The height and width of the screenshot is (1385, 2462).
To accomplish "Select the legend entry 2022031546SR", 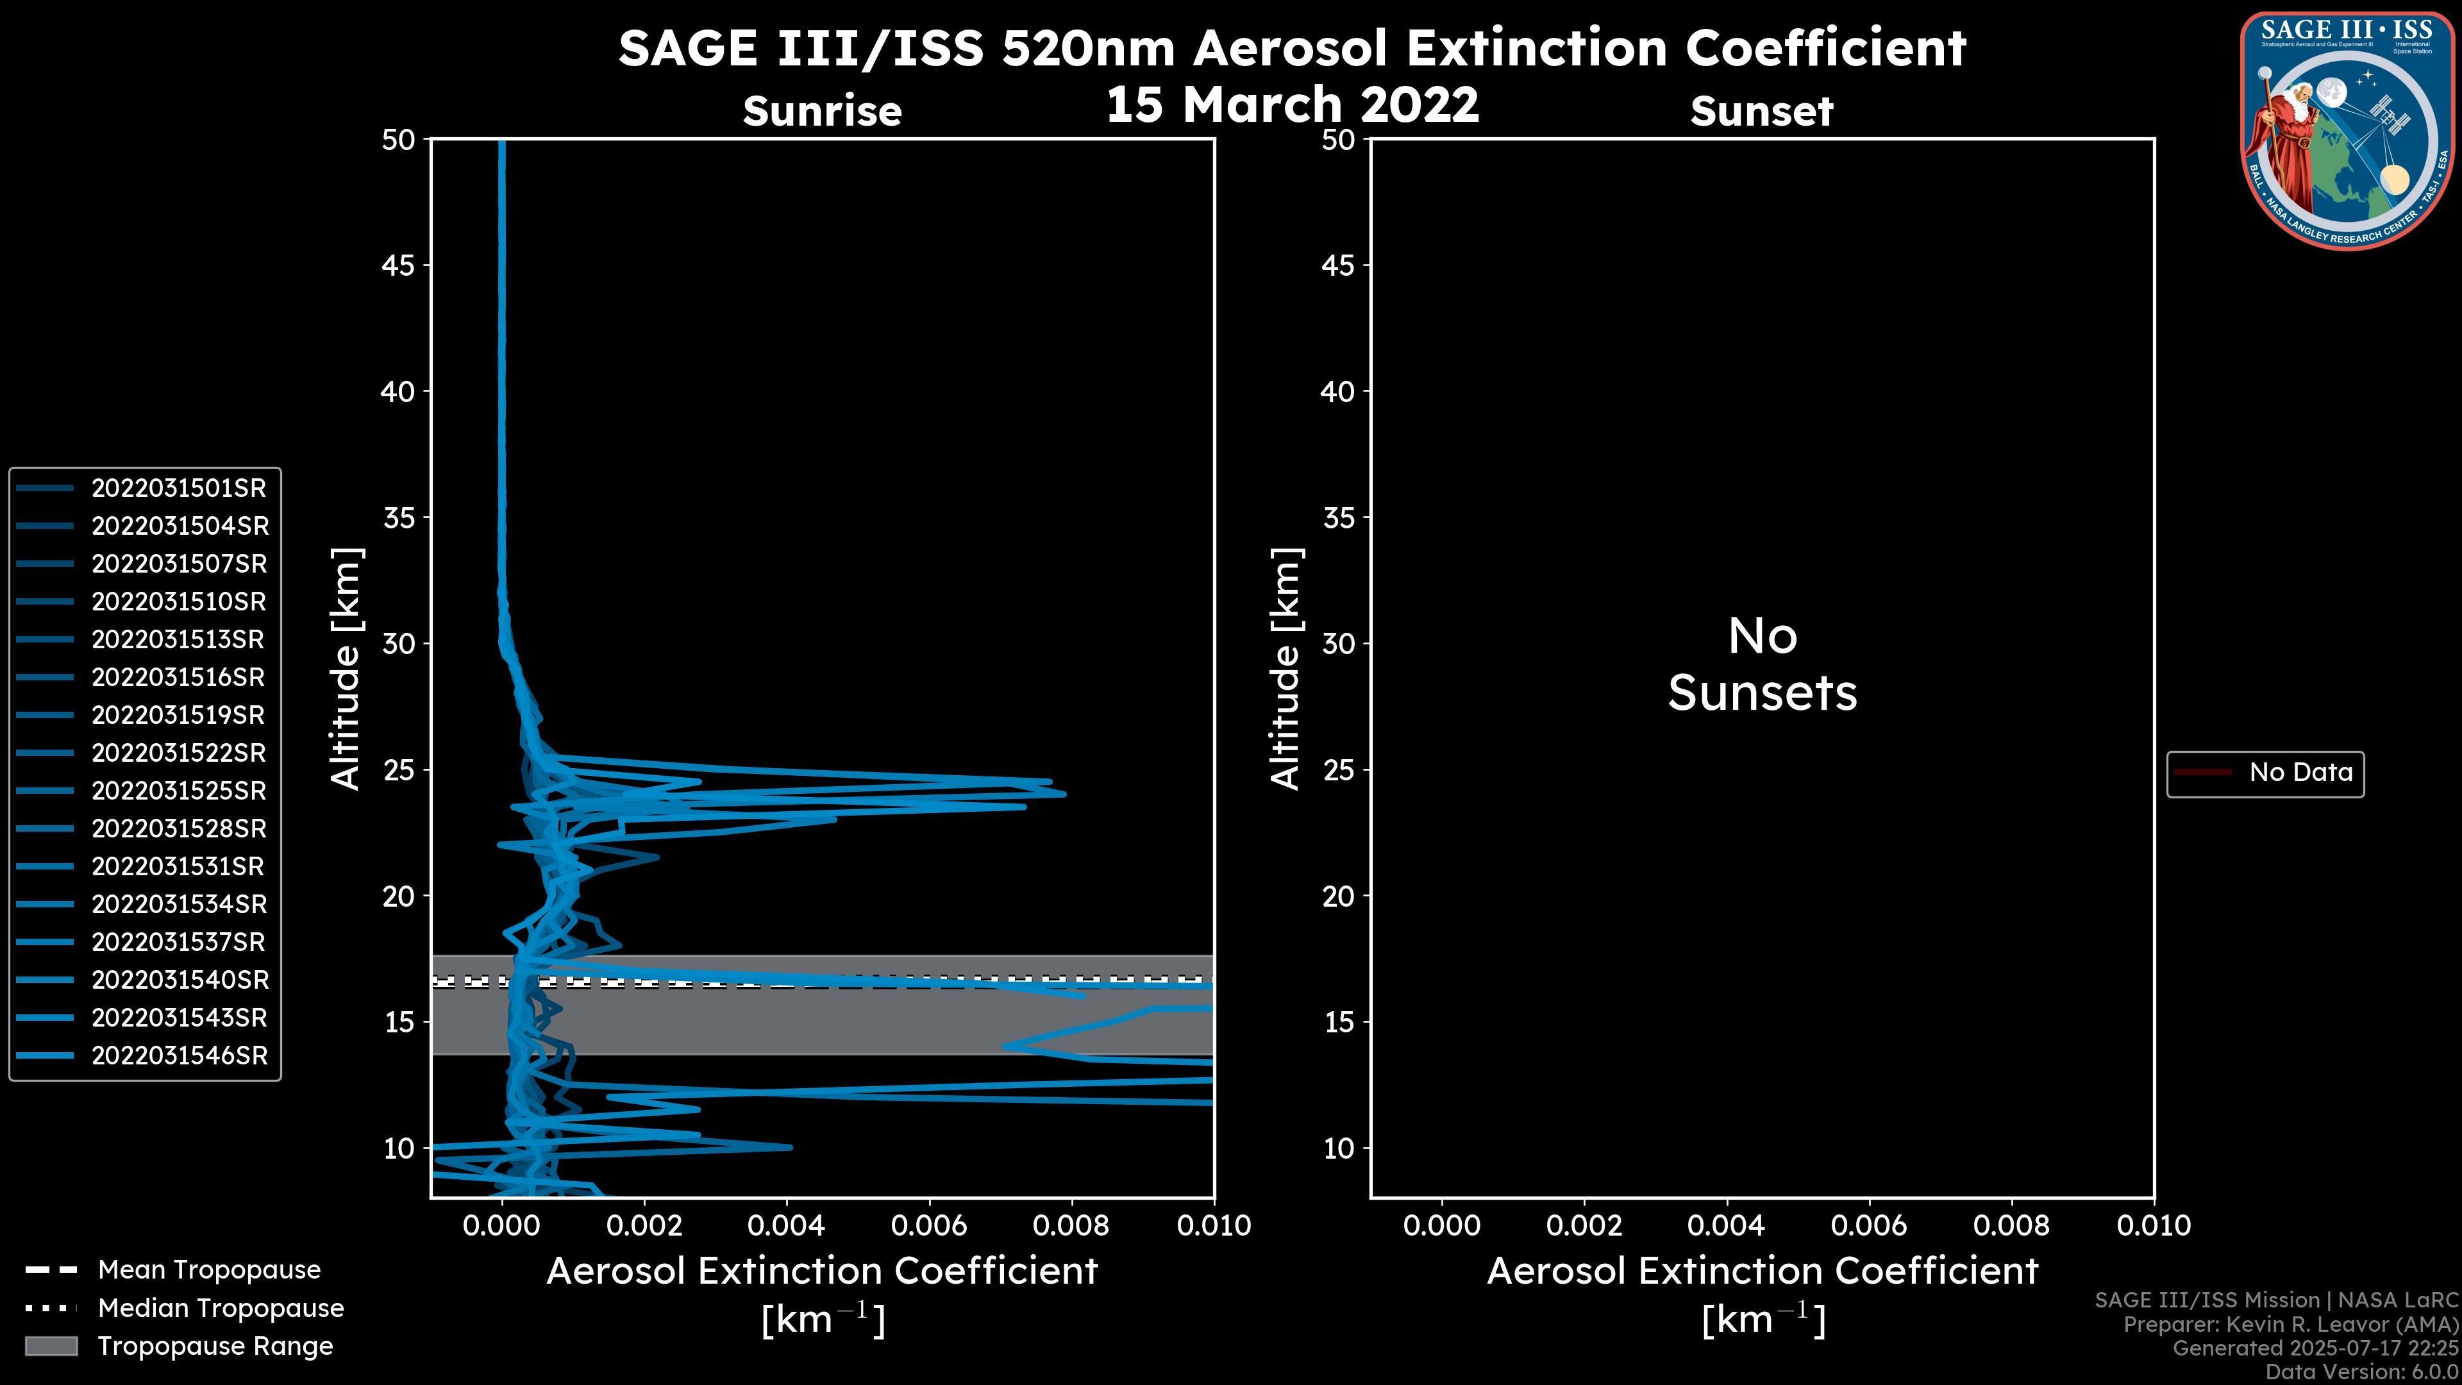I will [x=179, y=1056].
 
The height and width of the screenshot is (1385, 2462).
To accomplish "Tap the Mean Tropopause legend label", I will [x=209, y=1270].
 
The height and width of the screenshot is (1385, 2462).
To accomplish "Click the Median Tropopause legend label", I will [x=221, y=1309].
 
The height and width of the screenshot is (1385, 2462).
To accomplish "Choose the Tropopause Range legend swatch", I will [x=51, y=1346].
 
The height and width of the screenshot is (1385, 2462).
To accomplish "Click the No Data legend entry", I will [x=2300, y=772].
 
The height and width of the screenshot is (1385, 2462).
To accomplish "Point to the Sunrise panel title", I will [x=822, y=112].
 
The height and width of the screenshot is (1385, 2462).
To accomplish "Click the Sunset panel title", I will [x=1761, y=112].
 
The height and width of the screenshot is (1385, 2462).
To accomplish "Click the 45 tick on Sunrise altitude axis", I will [x=399, y=265].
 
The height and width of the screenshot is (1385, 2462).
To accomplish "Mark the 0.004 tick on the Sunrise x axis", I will [x=785, y=1225].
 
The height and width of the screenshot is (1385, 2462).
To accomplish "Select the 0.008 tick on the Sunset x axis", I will [x=2012, y=1225].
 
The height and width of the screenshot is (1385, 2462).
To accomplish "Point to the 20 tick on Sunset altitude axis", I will [x=1338, y=896].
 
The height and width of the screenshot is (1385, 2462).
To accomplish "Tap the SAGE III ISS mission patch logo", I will [x=2347, y=131].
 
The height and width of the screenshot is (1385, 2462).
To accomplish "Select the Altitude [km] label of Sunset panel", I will [x=1285, y=668].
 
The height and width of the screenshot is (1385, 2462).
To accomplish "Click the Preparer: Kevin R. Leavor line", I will [x=2290, y=1325].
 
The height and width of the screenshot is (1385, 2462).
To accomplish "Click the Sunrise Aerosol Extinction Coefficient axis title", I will [x=822, y=1272].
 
